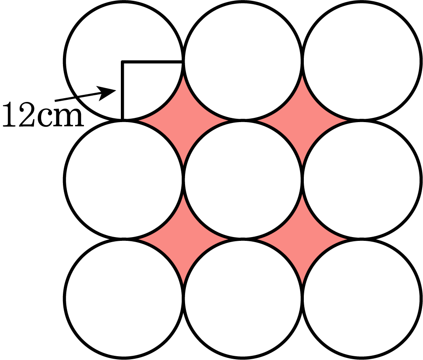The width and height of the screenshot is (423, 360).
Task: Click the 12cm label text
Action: click(43, 115)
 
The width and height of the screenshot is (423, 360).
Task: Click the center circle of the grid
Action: click(243, 180)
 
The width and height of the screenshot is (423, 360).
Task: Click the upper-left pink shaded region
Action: click(183, 120)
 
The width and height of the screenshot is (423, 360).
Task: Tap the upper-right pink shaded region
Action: click(302, 120)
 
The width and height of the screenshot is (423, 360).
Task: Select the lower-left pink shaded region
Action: click(183, 239)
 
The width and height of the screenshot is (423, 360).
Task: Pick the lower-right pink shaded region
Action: click(302, 239)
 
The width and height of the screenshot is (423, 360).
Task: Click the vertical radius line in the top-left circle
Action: click(123, 90)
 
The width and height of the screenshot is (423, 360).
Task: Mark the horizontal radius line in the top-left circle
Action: click(152, 62)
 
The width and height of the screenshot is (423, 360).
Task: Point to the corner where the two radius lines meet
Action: click(123, 62)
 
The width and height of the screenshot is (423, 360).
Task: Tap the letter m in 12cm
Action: click(70, 117)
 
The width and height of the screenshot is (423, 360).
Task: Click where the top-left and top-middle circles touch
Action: click(183, 61)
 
